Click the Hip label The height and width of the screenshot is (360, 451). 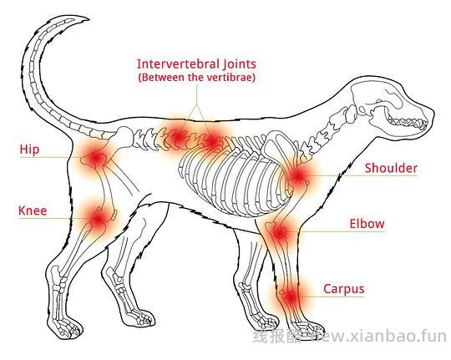[x=29, y=150]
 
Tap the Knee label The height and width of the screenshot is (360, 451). [x=33, y=211]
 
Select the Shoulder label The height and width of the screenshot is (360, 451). [x=391, y=168]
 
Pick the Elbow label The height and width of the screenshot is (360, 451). [x=367, y=224]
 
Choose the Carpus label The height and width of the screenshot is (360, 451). [x=344, y=289]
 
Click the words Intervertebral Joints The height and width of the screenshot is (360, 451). [x=196, y=63]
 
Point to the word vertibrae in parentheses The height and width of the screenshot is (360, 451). [x=228, y=78]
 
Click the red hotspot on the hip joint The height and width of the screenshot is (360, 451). [x=96, y=158]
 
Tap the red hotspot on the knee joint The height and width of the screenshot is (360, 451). [x=98, y=219]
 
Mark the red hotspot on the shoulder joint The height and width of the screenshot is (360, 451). [x=297, y=176]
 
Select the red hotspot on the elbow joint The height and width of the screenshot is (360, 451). [x=278, y=231]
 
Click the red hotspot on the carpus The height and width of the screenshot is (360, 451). [x=290, y=297]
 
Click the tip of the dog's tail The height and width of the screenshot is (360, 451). [x=88, y=19]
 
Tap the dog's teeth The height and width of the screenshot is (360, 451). [x=407, y=121]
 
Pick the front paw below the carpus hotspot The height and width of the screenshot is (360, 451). [x=306, y=328]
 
